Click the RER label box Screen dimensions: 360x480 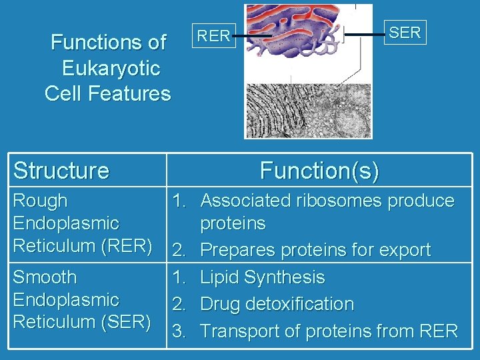[x=215, y=36]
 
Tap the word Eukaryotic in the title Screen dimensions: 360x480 [x=111, y=68]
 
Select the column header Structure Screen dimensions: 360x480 [x=61, y=171]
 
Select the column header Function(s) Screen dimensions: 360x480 [x=319, y=171]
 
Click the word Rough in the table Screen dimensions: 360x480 [x=40, y=201]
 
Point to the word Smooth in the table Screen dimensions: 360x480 [x=45, y=277]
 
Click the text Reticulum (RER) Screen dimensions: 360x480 [x=83, y=245]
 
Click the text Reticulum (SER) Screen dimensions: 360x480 [x=83, y=321]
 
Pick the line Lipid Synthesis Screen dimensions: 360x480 [x=262, y=277]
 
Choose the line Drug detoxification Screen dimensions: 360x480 [x=277, y=304]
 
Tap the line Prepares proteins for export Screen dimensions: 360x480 [x=315, y=251]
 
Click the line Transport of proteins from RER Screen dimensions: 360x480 [x=329, y=331]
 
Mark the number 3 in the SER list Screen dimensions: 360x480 [x=179, y=331]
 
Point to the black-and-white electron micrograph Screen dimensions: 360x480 [x=308, y=111]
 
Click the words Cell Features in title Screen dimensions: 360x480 [x=108, y=93]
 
